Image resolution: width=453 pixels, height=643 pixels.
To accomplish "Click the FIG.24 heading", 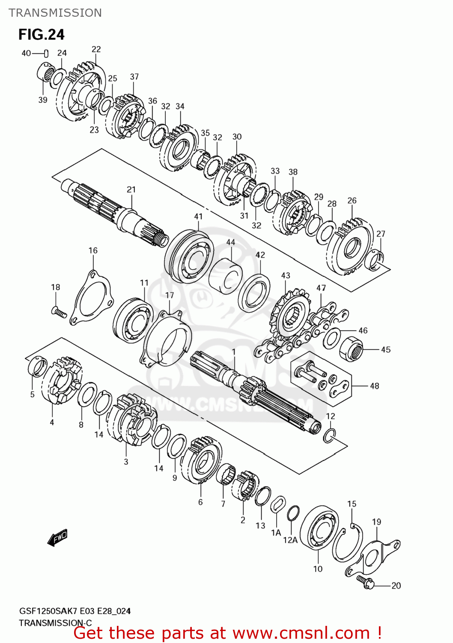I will pos(42,34).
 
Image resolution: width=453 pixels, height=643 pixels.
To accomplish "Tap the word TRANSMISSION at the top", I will pos(55,13).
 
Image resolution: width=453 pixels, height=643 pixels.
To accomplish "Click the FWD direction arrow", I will pos(57,538).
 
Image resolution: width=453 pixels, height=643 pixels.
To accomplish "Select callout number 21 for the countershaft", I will pos(131,189).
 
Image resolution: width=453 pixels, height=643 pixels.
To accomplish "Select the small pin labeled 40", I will pos(46,53).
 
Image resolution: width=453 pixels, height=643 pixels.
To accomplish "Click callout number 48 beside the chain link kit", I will pos(374,386).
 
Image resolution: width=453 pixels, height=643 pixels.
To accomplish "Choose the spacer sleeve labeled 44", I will pos(226,276).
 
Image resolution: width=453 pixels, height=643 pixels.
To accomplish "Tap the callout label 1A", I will pos(276,532).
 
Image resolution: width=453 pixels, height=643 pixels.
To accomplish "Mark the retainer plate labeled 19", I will pos(379,555).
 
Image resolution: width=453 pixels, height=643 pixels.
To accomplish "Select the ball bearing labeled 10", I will pos(319,529).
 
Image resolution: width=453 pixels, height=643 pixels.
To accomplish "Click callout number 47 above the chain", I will pos(321,288).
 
